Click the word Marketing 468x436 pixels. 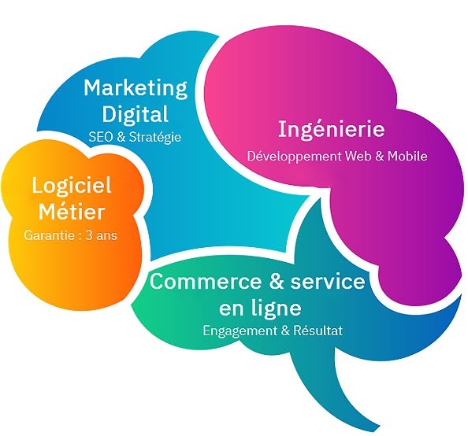click(x=136, y=89)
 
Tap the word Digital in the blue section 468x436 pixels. click(x=136, y=113)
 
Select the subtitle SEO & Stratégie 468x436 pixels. click(x=135, y=137)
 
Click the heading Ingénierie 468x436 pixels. click(x=331, y=129)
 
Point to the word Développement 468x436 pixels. click(x=295, y=157)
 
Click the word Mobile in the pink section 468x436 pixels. click(x=407, y=156)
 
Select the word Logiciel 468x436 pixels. click(x=72, y=187)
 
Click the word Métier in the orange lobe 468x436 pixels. click(x=72, y=212)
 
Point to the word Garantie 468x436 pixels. click(x=50, y=235)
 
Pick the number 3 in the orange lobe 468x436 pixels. click(x=89, y=235)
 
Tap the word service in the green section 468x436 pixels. click(x=328, y=281)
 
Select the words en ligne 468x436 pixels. click(x=260, y=307)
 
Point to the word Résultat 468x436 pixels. click(x=318, y=331)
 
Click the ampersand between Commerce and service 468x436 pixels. click(x=277, y=282)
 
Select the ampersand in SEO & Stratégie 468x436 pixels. click(x=121, y=137)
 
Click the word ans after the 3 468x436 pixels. click(x=106, y=236)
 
